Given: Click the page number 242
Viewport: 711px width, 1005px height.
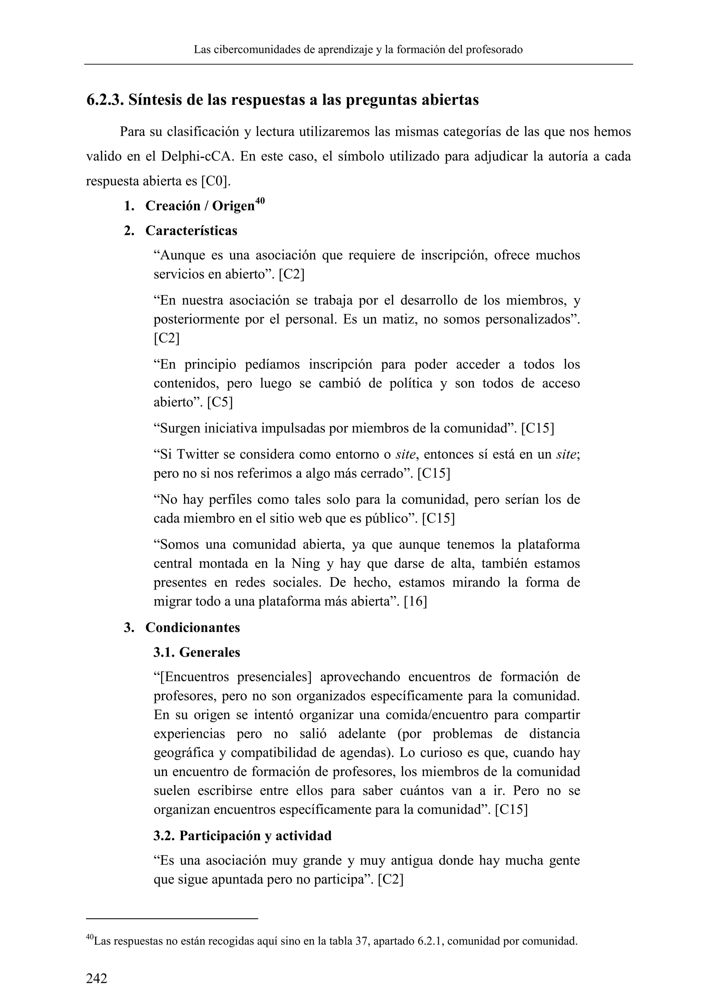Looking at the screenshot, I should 96,978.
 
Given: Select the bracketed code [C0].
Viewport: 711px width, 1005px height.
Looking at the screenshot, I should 215,181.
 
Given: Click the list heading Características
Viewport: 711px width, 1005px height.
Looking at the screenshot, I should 191,231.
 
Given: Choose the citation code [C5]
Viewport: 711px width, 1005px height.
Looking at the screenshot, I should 220,402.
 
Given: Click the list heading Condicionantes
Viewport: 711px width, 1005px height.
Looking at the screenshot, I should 193,628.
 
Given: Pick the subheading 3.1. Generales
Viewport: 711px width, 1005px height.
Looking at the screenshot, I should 196,653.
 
